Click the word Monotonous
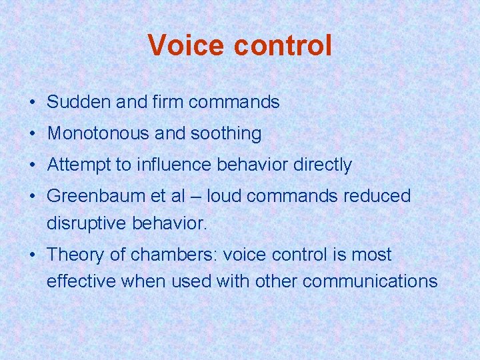click(98, 133)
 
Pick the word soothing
click(226, 133)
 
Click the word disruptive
click(87, 223)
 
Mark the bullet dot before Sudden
click(32, 103)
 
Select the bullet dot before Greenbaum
click(32, 197)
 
